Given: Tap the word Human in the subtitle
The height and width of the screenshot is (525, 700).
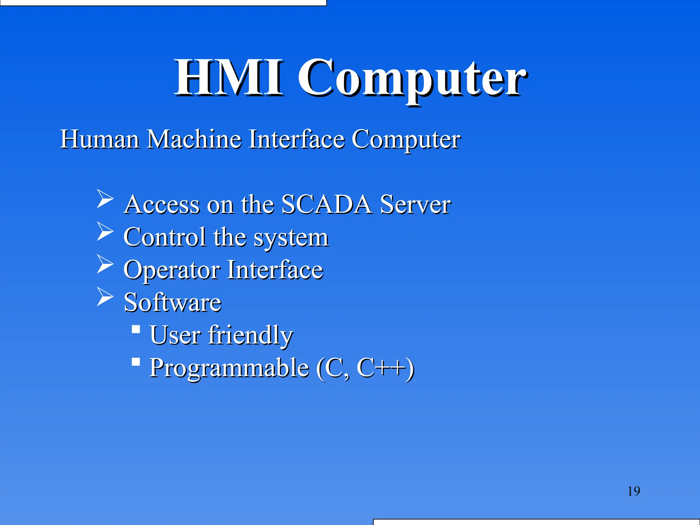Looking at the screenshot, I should (99, 139).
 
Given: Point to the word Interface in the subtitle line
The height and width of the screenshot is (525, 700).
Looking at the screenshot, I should (296, 139).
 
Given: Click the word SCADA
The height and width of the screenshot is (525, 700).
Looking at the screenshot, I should (326, 204).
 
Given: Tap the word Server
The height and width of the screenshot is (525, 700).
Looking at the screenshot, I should (415, 204).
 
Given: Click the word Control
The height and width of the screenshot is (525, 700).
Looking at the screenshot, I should (165, 237).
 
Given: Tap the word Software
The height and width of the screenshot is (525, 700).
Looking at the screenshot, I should (172, 302).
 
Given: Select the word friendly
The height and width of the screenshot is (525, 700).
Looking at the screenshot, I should (251, 335).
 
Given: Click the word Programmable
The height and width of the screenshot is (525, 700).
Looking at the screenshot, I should (229, 368).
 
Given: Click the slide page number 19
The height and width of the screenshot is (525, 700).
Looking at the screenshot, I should (634, 491).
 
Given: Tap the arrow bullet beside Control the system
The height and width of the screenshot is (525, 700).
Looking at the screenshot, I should (105, 231).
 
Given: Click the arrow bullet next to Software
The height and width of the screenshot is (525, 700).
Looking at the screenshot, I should (105, 296).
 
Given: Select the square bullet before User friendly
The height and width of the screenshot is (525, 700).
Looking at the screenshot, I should (136, 329).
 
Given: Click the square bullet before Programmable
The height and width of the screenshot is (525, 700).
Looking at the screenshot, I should (136, 362).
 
